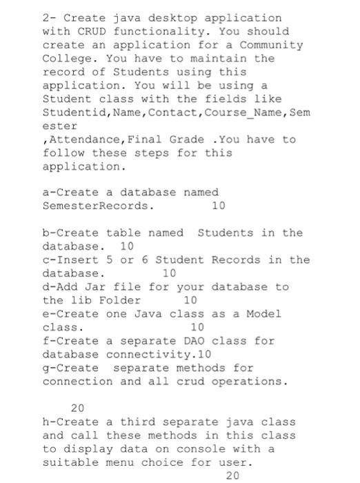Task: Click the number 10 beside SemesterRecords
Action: click(x=218, y=206)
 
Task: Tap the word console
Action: click(x=225, y=449)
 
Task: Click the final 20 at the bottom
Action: click(x=232, y=476)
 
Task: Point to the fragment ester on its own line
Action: click(x=57, y=126)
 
